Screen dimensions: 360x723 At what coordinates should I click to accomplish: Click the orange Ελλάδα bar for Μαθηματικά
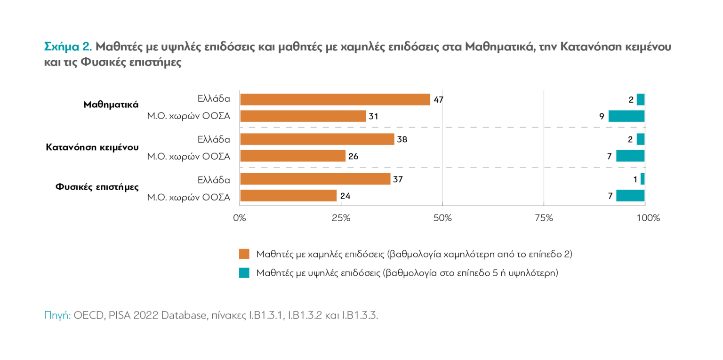click(x=335, y=99)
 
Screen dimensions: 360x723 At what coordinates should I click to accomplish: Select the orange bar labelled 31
click(x=303, y=116)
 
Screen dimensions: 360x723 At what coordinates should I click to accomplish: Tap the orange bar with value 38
click(x=317, y=139)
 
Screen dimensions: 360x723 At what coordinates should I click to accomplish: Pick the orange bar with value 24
click(x=288, y=196)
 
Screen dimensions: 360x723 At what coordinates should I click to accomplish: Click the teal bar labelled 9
click(x=626, y=116)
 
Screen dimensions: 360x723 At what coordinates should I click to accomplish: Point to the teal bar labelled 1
click(x=642, y=179)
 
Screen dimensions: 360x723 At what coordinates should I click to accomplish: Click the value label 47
click(x=438, y=100)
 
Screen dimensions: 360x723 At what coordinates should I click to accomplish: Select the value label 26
click(x=353, y=156)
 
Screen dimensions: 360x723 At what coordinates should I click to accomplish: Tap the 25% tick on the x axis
click(x=341, y=218)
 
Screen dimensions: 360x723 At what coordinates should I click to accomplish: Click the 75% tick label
click(x=544, y=218)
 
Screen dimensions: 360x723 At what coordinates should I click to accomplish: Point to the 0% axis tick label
click(x=240, y=218)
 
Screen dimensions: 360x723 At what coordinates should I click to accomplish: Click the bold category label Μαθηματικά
click(x=111, y=104)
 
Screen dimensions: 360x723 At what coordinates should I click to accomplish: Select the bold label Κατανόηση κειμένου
click(x=92, y=147)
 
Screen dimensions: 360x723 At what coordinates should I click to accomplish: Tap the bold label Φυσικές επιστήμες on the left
click(x=97, y=187)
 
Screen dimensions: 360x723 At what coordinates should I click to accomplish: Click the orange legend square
click(x=244, y=254)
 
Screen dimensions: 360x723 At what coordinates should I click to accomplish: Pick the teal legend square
click(x=244, y=273)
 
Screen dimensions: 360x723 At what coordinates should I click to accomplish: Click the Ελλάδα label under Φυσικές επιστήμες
click(x=214, y=179)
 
